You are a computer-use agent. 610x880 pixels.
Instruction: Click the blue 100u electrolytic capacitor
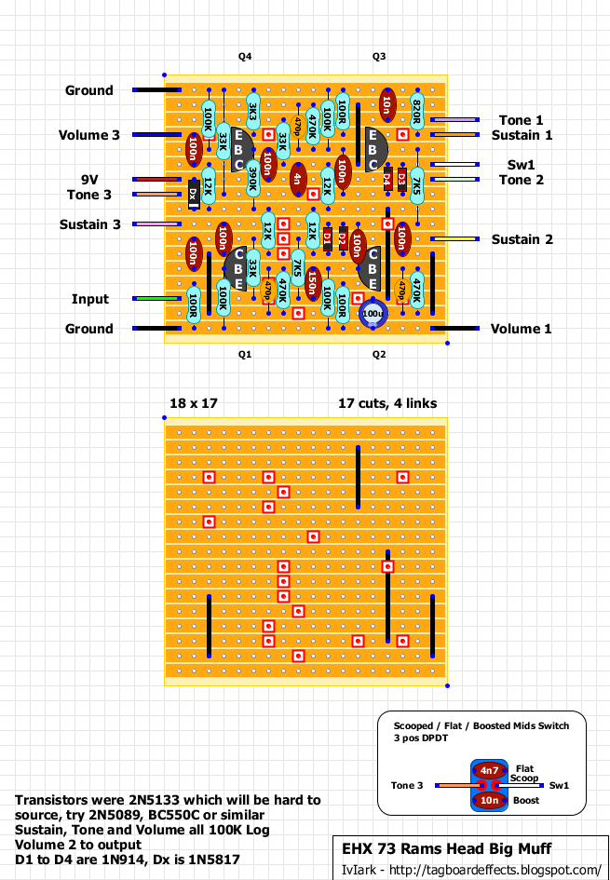373,314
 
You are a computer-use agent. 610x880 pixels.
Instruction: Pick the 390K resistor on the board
252,180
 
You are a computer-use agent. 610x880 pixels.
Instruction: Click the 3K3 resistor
252,111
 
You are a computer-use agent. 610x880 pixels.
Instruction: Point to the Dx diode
194,194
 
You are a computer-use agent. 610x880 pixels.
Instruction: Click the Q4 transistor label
245,57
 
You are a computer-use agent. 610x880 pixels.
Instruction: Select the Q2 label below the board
379,355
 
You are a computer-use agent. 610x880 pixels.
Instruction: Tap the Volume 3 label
89,135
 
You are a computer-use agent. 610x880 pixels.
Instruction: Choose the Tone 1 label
521,120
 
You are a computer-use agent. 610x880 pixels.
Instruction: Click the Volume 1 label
522,329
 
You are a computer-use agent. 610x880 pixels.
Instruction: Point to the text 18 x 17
193,403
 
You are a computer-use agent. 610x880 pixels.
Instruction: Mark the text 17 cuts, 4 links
387,403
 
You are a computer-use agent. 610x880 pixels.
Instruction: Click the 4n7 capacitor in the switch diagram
490,770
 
